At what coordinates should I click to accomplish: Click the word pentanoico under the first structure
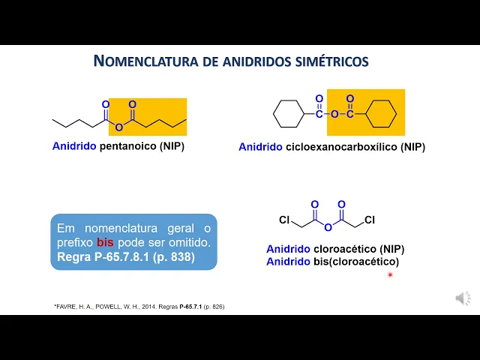[x=127, y=146]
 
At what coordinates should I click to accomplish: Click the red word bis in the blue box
[x=105, y=243]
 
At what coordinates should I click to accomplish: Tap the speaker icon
[x=463, y=298]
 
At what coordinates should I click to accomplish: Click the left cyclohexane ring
[x=287, y=114]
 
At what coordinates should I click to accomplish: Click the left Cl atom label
[x=284, y=220]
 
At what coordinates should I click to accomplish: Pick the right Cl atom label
[x=370, y=220]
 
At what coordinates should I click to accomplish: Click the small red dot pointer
[x=390, y=274]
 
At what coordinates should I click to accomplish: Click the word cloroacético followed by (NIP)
[x=344, y=249]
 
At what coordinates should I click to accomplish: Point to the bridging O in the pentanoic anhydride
[x=118, y=127]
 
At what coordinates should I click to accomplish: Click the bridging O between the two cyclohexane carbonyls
[x=334, y=115]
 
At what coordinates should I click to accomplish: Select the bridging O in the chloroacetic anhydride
[x=328, y=227]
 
